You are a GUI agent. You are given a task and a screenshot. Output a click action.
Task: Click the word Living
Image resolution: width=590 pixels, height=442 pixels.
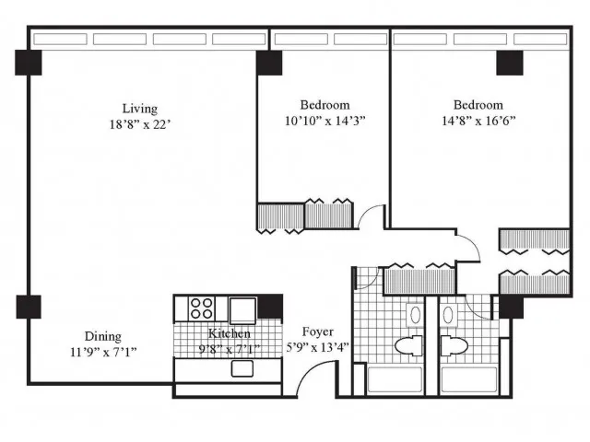[x=139, y=109]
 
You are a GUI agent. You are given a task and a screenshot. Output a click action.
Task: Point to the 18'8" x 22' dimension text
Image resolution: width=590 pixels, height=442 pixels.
[x=140, y=124]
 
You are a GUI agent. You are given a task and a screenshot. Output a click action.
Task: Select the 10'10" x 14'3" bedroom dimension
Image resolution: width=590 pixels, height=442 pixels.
[x=325, y=121]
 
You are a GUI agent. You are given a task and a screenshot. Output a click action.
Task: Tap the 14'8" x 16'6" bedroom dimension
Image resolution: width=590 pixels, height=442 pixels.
[x=478, y=121]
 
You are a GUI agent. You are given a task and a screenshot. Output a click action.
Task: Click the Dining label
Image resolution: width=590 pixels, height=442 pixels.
[x=102, y=336]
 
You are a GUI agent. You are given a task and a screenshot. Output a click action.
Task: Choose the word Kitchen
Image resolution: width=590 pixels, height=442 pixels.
[x=230, y=333]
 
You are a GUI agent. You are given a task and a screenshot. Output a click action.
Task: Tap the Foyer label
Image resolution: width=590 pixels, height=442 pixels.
[x=318, y=331]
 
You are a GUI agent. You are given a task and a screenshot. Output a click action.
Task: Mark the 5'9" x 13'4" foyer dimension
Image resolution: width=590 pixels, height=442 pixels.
[x=318, y=347]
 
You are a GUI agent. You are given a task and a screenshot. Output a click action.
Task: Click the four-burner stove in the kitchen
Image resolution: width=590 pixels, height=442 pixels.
[x=201, y=308]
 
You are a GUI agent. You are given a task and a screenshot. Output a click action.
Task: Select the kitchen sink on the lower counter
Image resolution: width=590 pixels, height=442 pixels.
[x=242, y=368]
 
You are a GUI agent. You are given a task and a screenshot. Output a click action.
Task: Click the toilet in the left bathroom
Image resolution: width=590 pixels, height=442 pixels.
[x=408, y=345]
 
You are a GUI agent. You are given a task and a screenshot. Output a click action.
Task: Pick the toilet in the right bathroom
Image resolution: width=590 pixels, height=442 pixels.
[x=454, y=345]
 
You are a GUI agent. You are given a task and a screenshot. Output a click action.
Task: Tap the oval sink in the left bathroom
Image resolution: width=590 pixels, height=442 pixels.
[x=415, y=315]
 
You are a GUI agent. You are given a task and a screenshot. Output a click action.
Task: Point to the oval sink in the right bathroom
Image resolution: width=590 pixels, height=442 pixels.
[x=448, y=315]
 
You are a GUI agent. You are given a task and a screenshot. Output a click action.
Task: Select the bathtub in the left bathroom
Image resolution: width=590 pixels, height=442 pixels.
[x=395, y=380]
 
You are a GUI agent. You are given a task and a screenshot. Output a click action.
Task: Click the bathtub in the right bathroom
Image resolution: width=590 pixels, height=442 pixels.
[x=469, y=380]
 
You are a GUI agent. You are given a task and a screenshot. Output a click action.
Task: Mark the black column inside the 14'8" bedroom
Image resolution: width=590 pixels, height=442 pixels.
[x=510, y=63]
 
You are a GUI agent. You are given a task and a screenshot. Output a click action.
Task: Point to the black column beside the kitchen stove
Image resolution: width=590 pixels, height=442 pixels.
[x=270, y=307]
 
